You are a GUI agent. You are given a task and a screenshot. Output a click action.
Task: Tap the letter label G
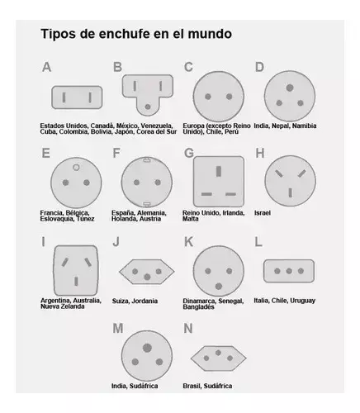[x=189, y=154]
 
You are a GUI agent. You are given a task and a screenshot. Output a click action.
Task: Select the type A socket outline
[x=77, y=97]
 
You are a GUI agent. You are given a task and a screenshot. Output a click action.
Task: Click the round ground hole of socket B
[x=148, y=107]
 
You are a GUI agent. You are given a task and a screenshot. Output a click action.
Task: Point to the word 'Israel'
[x=263, y=213]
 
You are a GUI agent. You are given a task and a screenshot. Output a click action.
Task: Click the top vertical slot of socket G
[x=219, y=171]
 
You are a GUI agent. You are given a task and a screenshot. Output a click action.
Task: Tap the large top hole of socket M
[x=147, y=348]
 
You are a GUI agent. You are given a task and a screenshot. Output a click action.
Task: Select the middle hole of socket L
[x=289, y=271]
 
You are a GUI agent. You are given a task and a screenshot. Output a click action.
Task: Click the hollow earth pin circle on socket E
[x=76, y=168]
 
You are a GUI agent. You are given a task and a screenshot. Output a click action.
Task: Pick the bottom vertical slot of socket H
[x=291, y=192]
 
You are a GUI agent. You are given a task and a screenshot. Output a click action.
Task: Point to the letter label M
[x=118, y=329]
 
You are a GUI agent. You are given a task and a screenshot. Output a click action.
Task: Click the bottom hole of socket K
[x=219, y=287]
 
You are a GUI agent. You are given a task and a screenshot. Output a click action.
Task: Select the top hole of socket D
[x=290, y=88]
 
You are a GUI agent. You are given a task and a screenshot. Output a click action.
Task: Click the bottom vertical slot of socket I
[x=76, y=282]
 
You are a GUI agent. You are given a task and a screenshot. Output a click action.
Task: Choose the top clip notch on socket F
[x=147, y=159]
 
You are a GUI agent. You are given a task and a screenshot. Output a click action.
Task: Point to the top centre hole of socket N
[x=218, y=353]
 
